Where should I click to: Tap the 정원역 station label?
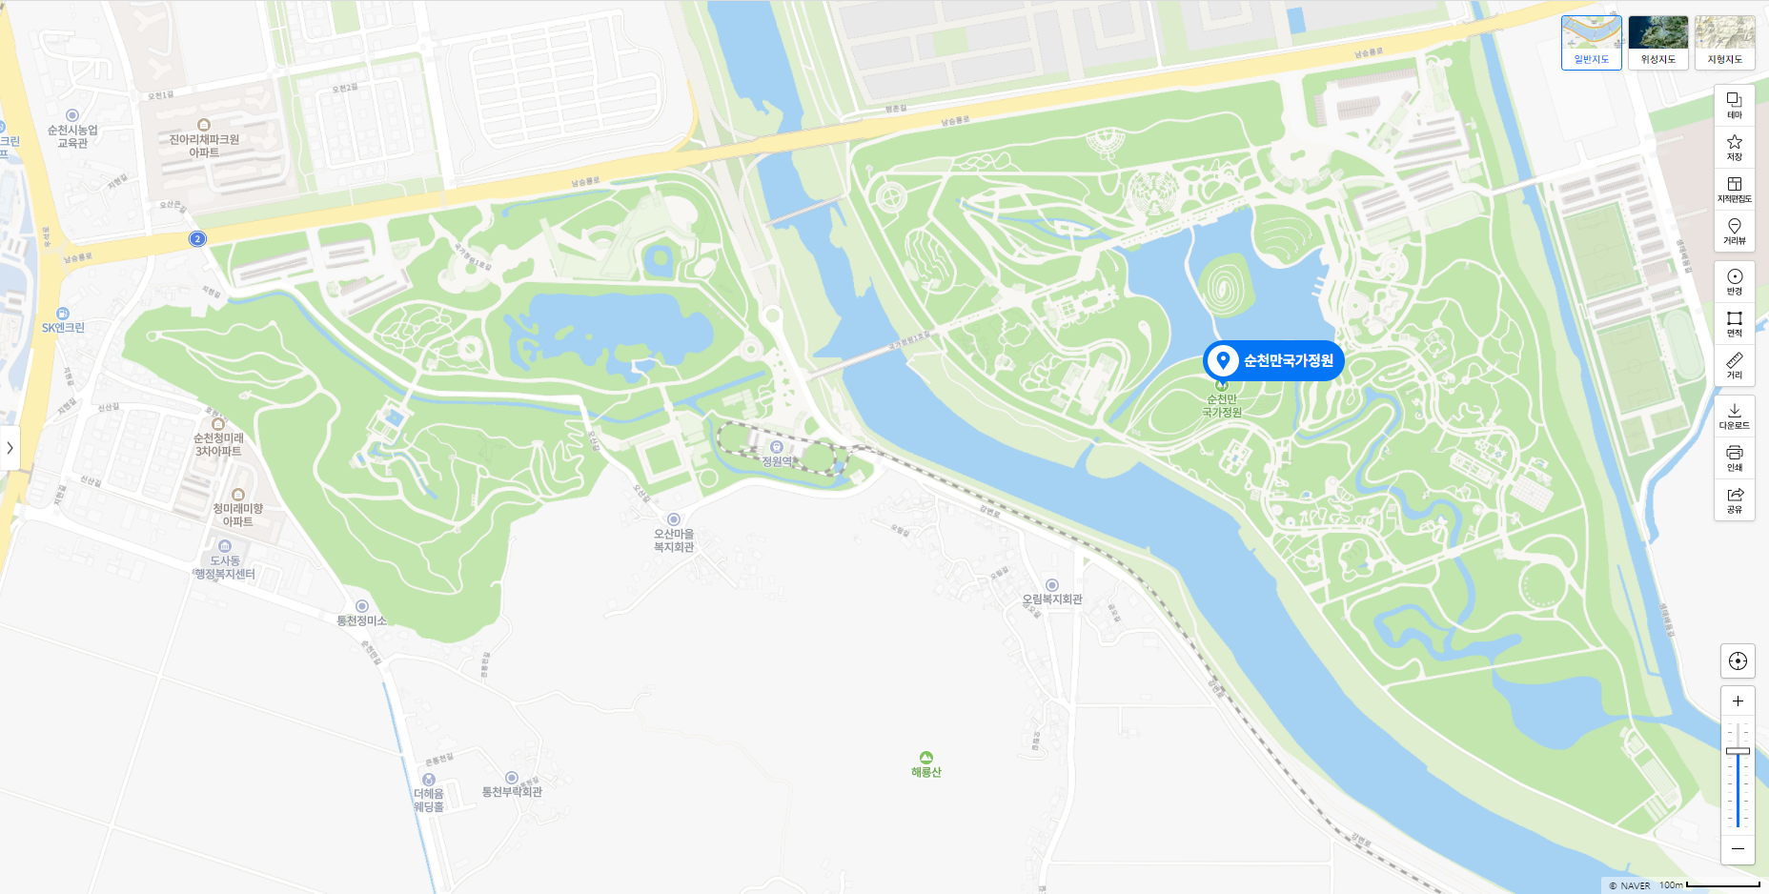click(x=777, y=460)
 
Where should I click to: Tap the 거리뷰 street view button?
click(x=1734, y=231)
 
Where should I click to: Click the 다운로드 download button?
click(x=1734, y=416)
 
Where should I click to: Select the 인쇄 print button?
click(x=1734, y=457)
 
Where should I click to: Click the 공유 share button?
click(x=1734, y=499)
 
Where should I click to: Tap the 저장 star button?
click(x=1734, y=147)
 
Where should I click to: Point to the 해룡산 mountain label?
click(x=925, y=771)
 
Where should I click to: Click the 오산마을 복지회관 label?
click(x=674, y=540)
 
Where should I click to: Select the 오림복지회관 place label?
click(x=1052, y=599)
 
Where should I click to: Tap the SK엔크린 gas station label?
click(x=63, y=327)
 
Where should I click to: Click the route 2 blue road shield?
click(x=197, y=238)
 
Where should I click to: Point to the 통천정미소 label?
click(x=361, y=620)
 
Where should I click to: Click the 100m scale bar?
click(x=1722, y=884)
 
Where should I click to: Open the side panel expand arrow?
click(x=10, y=447)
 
